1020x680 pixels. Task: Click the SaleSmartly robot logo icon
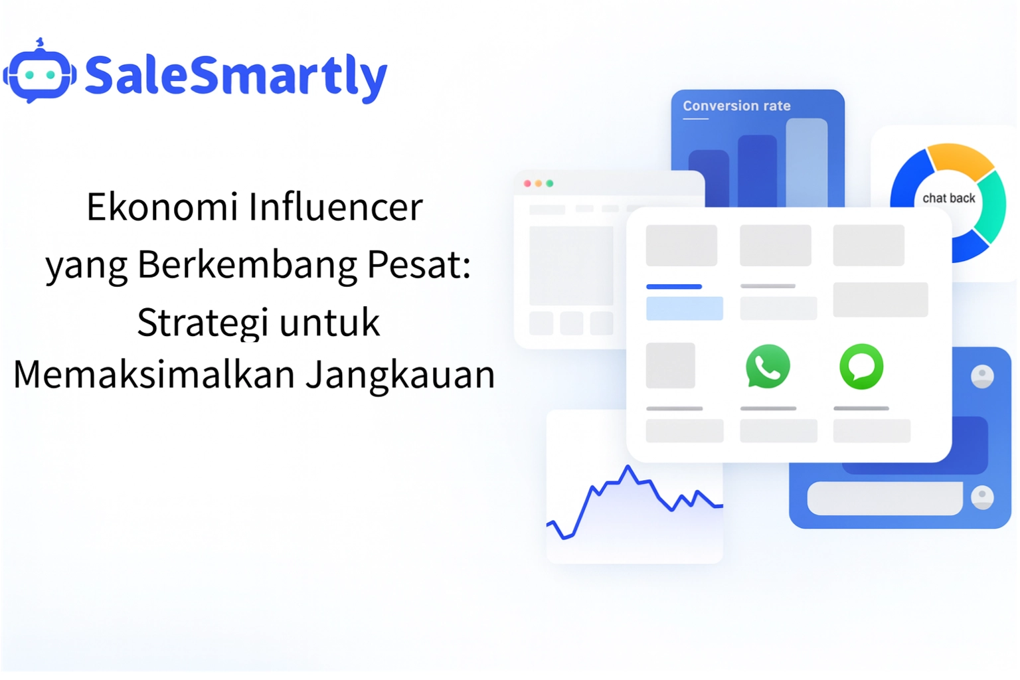coord(40,73)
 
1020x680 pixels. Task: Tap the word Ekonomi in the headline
coord(162,207)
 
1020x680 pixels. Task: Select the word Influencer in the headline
coord(335,207)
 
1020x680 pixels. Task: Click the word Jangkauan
coord(400,375)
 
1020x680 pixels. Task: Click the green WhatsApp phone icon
coord(768,366)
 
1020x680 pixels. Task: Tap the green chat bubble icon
coord(861,366)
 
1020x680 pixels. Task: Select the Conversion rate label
coord(736,106)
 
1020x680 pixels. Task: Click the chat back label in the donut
coord(948,198)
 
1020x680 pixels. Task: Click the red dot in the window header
coord(527,183)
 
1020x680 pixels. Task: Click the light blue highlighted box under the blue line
coord(684,309)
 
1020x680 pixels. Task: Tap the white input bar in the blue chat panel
coord(885,498)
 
